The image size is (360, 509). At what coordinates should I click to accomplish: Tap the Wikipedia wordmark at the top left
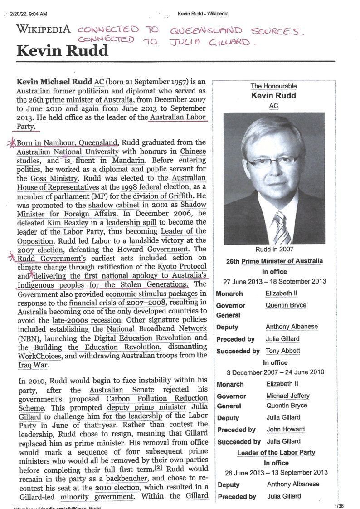pyautogui.click(x=43, y=30)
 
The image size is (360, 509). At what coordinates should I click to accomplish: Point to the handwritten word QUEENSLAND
pyautogui.click(x=200, y=31)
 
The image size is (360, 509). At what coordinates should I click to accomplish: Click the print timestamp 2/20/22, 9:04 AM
pyautogui.click(x=28, y=14)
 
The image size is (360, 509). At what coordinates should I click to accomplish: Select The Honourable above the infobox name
pyautogui.click(x=273, y=86)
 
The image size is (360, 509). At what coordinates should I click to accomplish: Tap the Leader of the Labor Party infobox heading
pyautogui.click(x=276, y=453)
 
